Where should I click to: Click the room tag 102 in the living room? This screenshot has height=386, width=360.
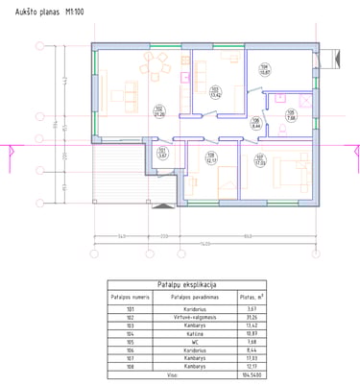coord(158,111)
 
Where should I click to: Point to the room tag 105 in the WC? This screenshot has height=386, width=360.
coord(290,114)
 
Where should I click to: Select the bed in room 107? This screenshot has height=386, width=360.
coord(289,173)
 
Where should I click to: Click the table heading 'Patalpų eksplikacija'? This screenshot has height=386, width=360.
coord(180,285)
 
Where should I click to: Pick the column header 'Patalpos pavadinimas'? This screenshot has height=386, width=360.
coord(180,298)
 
